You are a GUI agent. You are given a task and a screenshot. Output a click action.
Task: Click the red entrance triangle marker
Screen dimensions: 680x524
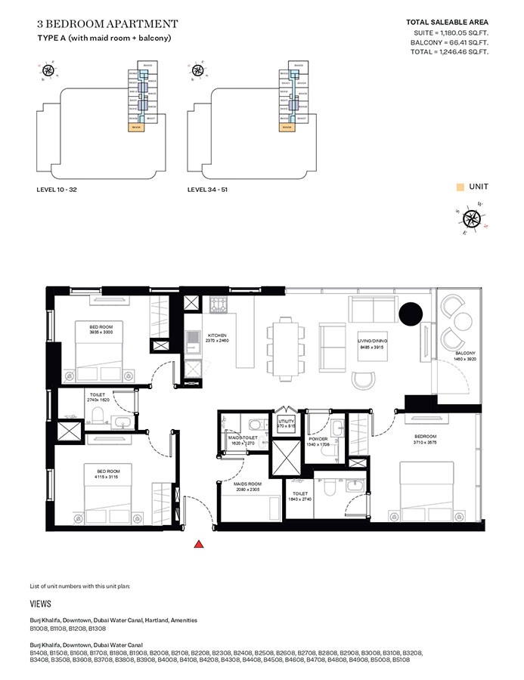pos(198,543)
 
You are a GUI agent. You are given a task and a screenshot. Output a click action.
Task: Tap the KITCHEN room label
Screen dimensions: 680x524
pos(218,335)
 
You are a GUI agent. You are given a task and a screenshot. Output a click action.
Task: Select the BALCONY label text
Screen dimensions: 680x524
pos(465,354)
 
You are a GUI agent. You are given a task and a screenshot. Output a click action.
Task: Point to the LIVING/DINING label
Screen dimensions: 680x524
pos(372,342)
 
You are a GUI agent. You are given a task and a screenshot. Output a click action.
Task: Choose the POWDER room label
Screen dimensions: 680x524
pos(317,438)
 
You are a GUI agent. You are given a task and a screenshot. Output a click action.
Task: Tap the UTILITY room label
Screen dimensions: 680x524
pos(285,422)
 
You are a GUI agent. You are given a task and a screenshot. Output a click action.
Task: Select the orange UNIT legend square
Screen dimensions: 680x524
pos(459,186)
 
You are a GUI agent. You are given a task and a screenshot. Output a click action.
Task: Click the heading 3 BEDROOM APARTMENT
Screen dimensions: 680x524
pos(107,24)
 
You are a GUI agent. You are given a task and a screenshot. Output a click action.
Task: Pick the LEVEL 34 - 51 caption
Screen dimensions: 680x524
pos(207,190)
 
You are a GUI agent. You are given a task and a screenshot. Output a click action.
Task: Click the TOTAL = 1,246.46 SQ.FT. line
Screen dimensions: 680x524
pos(447,53)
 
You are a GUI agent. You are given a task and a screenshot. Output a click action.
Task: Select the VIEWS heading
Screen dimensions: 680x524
pos(41,604)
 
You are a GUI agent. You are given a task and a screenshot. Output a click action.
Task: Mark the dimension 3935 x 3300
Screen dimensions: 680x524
pos(101,332)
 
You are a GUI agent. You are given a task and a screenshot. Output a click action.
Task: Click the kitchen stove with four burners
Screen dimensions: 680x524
pos(219,305)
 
